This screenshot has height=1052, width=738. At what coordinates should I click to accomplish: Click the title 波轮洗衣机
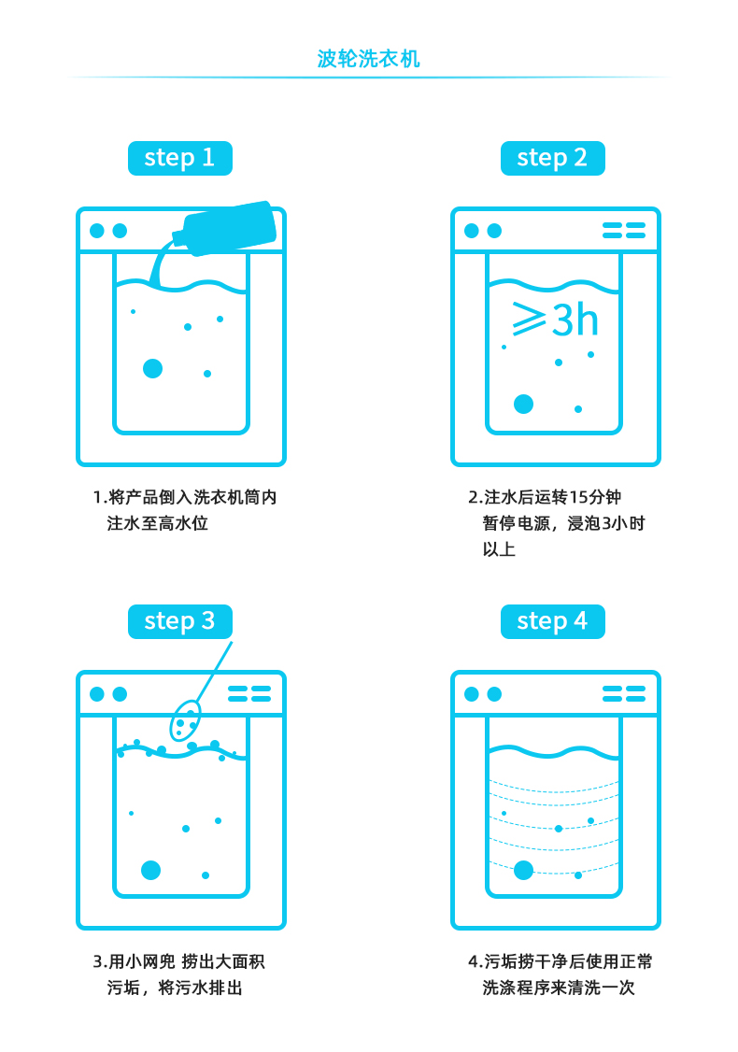pyautogui.click(x=368, y=59)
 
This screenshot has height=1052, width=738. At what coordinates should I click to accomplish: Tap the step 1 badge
pyautogui.click(x=179, y=158)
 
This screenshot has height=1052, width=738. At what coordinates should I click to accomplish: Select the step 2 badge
pyautogui.click(x=553, y=158)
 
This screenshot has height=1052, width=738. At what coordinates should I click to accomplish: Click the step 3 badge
pyautogui.click(x=179, y=622)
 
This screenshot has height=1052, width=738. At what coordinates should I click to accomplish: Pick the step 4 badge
pyautogui.click(x=553, y=622)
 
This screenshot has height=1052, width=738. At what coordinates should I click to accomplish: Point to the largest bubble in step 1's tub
pyautogui.click(x=153, y=368)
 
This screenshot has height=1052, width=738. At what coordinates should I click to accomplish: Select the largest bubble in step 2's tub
pyautogui.click(x=523, y=404)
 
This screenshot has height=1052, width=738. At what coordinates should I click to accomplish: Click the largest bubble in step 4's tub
pyautogui.click(x=523, y=870)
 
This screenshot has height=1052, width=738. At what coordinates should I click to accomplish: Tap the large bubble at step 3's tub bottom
pyautogui.click(x=151, y=870)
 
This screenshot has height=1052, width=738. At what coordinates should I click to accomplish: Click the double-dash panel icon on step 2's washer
pyautogui.click(x=624, y=231)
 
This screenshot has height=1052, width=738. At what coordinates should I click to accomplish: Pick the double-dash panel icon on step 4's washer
pyautogui.click(x=624, y=694)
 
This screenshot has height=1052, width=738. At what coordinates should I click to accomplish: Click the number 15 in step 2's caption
pyautogui.click(x=577, y=497)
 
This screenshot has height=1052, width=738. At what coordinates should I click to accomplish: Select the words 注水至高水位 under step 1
pyautogui.click(x=158, y=523)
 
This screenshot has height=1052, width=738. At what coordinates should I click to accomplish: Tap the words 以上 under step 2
pyautogui.click(x=499, y=549)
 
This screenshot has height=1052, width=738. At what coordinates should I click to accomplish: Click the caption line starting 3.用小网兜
pyautogui.click(x=179, y=962)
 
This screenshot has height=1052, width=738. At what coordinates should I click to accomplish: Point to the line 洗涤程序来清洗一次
pyautogui.click(x=559, y=988)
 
